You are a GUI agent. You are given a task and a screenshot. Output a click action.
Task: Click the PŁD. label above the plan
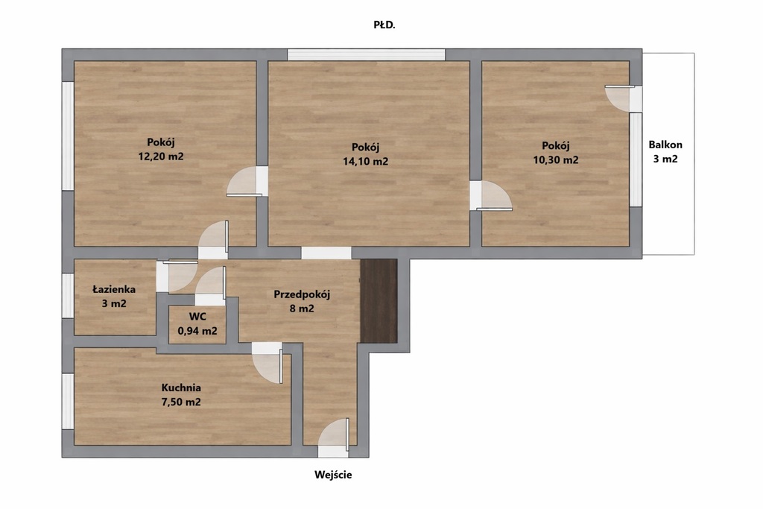(384, 25)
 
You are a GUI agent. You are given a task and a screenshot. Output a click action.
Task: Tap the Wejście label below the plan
(333, 475)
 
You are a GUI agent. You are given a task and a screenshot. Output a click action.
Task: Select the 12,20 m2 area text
(161, 157)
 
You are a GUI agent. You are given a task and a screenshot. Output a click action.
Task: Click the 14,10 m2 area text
(365, 162)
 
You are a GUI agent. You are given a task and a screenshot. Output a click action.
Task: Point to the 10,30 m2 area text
(556, 160)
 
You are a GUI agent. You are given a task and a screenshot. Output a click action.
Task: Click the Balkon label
(665, 145)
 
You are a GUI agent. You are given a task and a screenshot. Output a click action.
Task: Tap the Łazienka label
(114, 289)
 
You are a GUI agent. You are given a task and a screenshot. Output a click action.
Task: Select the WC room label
(197, 316)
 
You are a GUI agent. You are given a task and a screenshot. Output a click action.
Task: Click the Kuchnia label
(181, 388)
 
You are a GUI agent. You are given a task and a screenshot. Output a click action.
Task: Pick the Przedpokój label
(302, 294)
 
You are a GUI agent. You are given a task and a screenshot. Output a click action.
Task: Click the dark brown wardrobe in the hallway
(379, 301)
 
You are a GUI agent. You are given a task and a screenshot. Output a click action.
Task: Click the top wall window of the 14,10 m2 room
(366, 54)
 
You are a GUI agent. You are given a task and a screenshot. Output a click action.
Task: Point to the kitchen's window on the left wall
(68, 402)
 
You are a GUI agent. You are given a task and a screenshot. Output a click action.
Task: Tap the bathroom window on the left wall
(68, 296)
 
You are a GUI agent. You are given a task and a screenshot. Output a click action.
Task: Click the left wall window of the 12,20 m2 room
(68, 136)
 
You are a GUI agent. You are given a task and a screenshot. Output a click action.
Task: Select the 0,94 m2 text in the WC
(197, 331)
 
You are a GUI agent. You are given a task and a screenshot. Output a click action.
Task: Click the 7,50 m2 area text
(181, 402)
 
